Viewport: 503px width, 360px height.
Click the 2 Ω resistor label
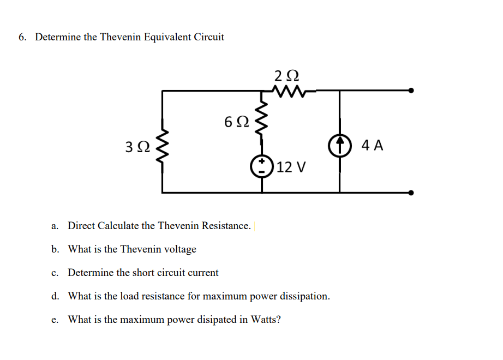[287, 76]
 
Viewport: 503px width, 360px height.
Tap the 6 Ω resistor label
[236, 122]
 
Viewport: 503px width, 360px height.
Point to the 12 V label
[291, 167]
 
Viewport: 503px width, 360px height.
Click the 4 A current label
[373, 145]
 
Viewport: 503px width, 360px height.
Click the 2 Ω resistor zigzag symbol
[287, 91]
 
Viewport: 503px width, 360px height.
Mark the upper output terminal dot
[411, 91]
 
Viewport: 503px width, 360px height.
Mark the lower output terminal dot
[411, 193]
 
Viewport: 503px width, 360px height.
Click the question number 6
[22, 37]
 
